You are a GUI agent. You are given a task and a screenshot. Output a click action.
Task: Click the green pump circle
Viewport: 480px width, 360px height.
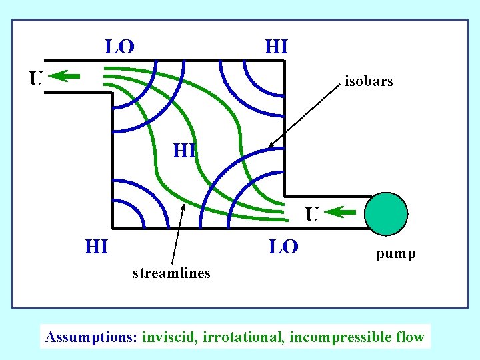tap(387, 214)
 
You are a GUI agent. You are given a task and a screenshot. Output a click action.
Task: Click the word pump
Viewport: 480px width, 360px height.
tap(395, 253)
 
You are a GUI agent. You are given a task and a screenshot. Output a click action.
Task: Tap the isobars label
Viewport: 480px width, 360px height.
tap(369, 82)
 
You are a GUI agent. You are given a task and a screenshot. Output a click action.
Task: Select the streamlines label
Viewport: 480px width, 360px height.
tap(171, 273)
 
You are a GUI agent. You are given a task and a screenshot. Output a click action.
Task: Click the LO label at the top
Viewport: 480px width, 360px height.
tap(119, 47)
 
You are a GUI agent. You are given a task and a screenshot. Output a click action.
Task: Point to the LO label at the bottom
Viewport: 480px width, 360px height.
tap(283, 247)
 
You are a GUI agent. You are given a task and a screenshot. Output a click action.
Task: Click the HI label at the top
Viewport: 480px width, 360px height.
tap(276, 47)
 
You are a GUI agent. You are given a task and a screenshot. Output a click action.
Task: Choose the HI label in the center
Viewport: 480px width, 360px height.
tap(184, 151)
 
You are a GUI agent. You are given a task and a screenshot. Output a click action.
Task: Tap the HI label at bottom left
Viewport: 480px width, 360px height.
tap(97, 247)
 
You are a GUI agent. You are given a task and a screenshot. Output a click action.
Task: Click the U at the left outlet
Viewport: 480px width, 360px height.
tap(36, 79)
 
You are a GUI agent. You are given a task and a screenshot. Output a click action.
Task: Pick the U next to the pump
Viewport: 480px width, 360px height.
tap(312, 215)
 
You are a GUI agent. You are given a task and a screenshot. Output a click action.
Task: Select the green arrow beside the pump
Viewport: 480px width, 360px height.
tap(343, 213)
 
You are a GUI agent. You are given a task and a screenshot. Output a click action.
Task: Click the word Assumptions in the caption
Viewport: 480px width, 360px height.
tap(90, 337)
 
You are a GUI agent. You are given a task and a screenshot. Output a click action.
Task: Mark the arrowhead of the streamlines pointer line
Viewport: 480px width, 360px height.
tap(183, 206)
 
